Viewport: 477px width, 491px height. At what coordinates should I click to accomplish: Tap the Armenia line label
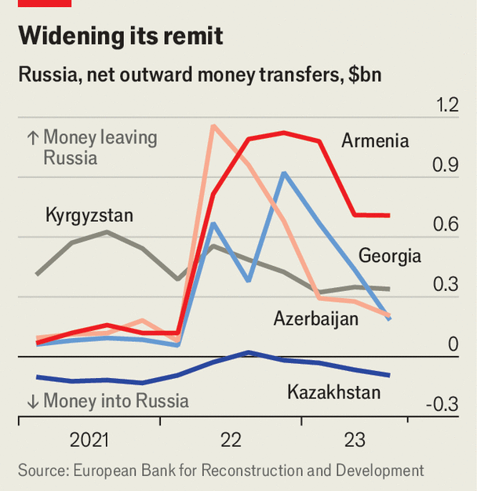(375, 141)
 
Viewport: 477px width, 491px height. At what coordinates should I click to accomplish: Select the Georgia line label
(390, 256)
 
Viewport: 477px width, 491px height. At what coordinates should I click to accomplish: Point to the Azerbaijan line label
(316, 318)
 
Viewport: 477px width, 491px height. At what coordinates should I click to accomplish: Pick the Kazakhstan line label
(334, 392)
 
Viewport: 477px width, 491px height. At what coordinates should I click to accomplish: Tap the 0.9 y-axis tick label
(447, 165)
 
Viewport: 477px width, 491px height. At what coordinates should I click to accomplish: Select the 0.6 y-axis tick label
(447, 225)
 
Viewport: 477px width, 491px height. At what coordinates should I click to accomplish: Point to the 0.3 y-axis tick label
(447, 285)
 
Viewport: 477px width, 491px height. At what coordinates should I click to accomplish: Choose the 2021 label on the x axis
(89, 441)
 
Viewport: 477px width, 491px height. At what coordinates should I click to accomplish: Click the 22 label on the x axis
(231, 441)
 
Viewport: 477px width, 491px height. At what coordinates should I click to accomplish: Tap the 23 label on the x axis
(354, 441)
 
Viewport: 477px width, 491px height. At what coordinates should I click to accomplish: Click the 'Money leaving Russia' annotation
(92, 147)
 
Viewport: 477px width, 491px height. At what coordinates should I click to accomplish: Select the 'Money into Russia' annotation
(107, 402)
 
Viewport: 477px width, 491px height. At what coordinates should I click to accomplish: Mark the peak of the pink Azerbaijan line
(213, 125)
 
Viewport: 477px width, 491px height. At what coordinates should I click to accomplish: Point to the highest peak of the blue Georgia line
(283, 173)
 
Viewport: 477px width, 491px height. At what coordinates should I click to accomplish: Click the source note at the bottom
(220, 471)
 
